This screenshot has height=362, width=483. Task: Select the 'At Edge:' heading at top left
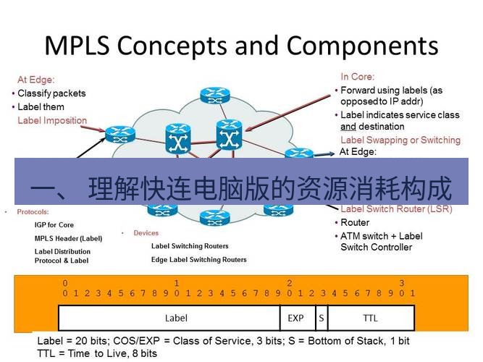[x=35, y=80]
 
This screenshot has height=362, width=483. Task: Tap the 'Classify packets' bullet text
[x=51, y=93]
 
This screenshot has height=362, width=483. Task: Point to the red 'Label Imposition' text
[x=52, y=120]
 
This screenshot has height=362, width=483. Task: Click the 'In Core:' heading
[x=358, y=77]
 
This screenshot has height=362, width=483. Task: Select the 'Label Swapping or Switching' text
[x=400, y=140]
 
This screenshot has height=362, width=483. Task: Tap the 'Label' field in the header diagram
[x=176, y=318]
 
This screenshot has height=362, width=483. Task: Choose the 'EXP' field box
[x=296, y=318]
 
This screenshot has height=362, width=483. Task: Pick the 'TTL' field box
[x=370, y=318]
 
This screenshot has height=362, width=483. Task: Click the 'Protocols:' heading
[x=33, y=212]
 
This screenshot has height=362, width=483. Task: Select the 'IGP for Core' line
[x=54, y=225]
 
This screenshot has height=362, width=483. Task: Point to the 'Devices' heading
[x=146, y=233]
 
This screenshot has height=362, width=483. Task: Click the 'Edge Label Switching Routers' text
[x=198, y=259]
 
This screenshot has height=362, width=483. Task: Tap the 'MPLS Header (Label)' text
[x=68, y=238]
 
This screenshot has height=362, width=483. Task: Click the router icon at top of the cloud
[x=214, y=95]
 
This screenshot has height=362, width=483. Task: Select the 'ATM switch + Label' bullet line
[x=382, y=236]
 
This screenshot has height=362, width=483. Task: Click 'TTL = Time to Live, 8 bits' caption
[x=97, y=353]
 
